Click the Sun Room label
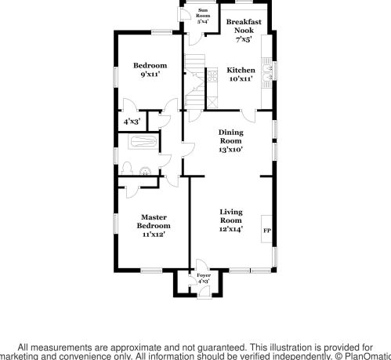(202, 18)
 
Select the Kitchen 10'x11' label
(240, 75)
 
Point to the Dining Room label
(230, 140)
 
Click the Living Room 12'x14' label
(230, 220)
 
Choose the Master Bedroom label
(154, 225)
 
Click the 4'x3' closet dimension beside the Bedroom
(133, 122)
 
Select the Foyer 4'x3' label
(204, 278)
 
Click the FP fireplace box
(266, 231)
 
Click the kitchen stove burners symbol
(211, 75)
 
